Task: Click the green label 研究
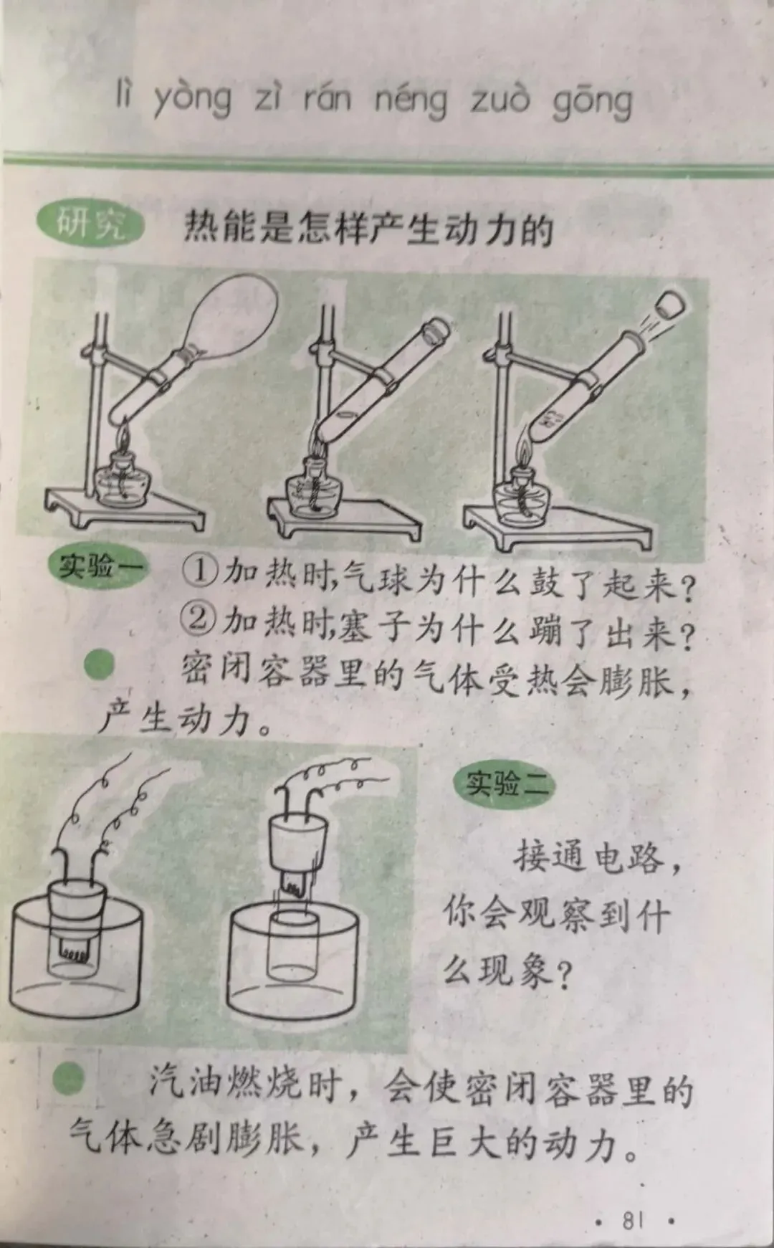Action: pos(90,224)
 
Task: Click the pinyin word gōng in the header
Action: pos(593,103)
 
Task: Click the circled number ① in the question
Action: pos(198,573)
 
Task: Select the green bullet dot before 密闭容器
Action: pos(100,666)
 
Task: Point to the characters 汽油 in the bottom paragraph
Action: pos(186,1085)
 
